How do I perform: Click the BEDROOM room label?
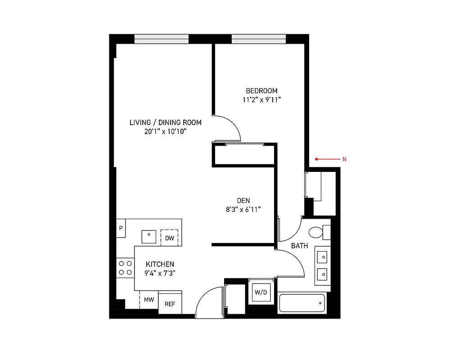pos(261,91)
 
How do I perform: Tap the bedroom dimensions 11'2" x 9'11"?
pos(261,100)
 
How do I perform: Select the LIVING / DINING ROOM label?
pos(165,122)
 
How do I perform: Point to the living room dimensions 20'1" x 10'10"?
pos(165,131)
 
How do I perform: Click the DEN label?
pos(243,201)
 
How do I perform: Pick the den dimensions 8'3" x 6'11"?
pos(243,209)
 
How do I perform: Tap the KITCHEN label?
pos(160,264)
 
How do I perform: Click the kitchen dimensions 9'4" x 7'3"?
pos(160,273)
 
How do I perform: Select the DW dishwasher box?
pos(169,238)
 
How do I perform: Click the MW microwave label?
pos(149,300)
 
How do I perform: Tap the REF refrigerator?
pos(170,304)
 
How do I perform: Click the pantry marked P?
pos(121,229)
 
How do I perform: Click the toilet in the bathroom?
pos(319,232)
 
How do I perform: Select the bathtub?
pos(302,303)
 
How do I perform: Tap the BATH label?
pos(300,246)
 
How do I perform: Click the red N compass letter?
pos(344,159)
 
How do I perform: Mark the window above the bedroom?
pos(258,39)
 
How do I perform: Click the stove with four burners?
pos(125,268)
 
